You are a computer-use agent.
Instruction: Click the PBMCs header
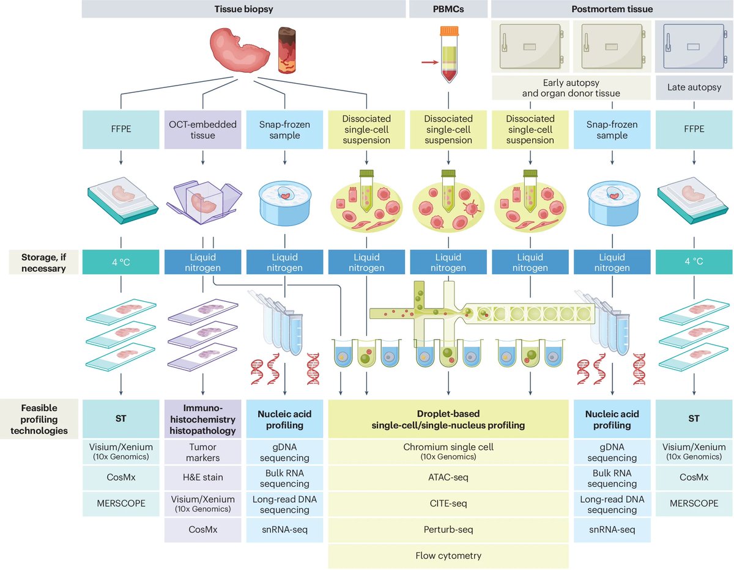pos(449,9)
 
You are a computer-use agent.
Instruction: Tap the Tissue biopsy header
pos(244,9)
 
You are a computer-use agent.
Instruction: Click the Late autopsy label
pos(693,87)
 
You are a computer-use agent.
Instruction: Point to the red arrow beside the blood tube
pos(430,62)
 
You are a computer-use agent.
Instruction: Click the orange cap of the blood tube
pos(449,31)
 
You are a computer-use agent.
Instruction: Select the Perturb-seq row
pos(448,530)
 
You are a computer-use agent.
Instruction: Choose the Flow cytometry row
pos(448,555)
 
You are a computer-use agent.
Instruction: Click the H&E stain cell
pos(202,477)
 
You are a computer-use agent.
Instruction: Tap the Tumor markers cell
pos(202,453)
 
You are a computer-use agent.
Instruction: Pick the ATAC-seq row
pos(448,477)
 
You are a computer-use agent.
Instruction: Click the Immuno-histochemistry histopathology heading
pos(202,419)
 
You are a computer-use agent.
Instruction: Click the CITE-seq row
pos(448,503)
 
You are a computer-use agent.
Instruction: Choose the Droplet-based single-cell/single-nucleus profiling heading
pos(448,419)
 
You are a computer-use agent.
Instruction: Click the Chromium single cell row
pos(448,451)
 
